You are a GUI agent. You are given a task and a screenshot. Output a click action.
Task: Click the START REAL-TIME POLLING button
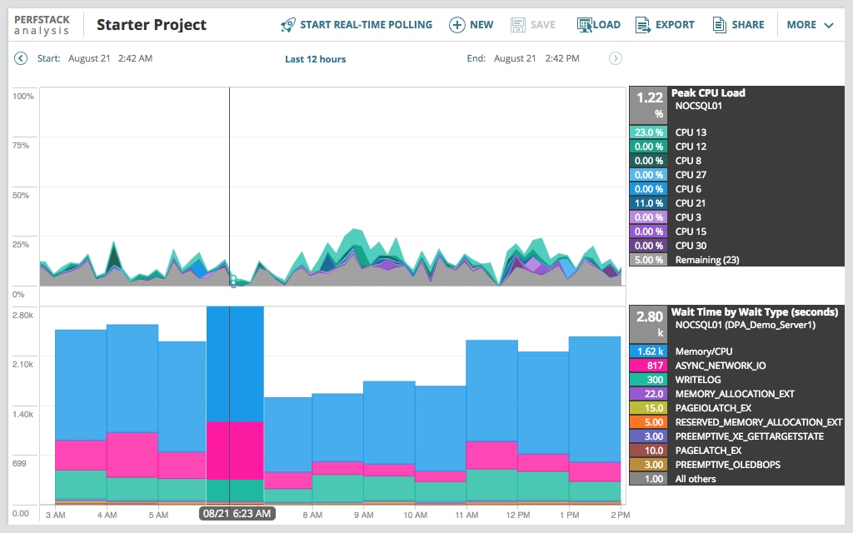(357, 25)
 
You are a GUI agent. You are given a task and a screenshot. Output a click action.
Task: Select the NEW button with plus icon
(471, 25)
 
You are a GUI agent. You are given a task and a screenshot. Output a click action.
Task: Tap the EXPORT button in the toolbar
(665, 25)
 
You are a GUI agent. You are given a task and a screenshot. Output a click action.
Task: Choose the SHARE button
(738, 25)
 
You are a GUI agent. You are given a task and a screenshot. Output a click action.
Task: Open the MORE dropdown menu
(810, 25)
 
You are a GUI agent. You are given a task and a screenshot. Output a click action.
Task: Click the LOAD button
(599, 25)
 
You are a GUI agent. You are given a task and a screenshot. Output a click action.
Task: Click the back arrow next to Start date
(21, 58)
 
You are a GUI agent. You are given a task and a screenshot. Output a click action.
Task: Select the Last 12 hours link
(315, 59)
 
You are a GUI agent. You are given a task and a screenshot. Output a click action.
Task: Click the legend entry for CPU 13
(691, 132)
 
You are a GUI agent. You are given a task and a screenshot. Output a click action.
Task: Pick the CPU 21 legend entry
(691, 203)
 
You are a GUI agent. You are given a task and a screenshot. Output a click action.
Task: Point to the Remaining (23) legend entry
(706, 260)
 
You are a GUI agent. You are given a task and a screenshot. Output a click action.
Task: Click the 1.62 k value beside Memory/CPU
(649, 351)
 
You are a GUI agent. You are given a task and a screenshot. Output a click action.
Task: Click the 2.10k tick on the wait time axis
(22, 364)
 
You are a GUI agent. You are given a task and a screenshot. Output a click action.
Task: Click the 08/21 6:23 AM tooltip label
(237, 514)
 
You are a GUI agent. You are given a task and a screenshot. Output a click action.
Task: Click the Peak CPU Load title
(708, 93)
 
